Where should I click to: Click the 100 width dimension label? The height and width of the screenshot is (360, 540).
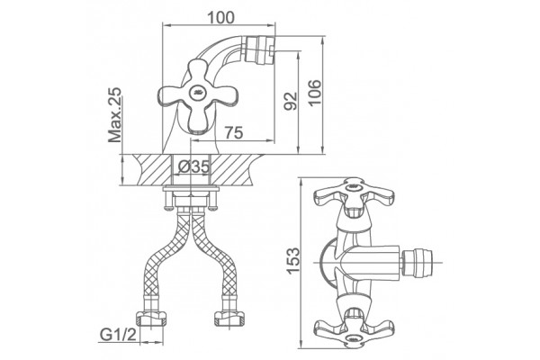pos(221,17)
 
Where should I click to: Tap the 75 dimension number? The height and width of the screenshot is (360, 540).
pos(234,132)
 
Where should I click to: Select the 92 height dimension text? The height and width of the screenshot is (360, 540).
pos(290,101)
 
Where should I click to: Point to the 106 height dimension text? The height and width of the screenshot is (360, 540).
pos(314,93)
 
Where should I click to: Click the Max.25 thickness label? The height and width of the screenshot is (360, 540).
pos(114,114)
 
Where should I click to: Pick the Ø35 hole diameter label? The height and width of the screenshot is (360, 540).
pos(193,167)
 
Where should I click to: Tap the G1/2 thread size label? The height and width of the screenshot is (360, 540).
pos(118,334)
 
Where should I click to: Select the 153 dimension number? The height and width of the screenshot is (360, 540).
pos(293,261)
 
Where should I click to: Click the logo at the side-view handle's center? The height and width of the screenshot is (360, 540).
pos(197,92)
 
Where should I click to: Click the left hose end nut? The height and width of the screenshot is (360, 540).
pos(151,319)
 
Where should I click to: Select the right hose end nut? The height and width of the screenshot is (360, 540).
pos(229,319)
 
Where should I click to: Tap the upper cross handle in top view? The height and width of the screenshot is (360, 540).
pos(354,197)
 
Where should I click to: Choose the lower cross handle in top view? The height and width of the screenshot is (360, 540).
pos(354,327)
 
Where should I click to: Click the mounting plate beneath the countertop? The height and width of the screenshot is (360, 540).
pos(191,188)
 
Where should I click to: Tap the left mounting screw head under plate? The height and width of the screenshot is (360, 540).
pos(169,207)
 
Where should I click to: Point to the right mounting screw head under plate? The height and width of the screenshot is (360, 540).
pos(213,207)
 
